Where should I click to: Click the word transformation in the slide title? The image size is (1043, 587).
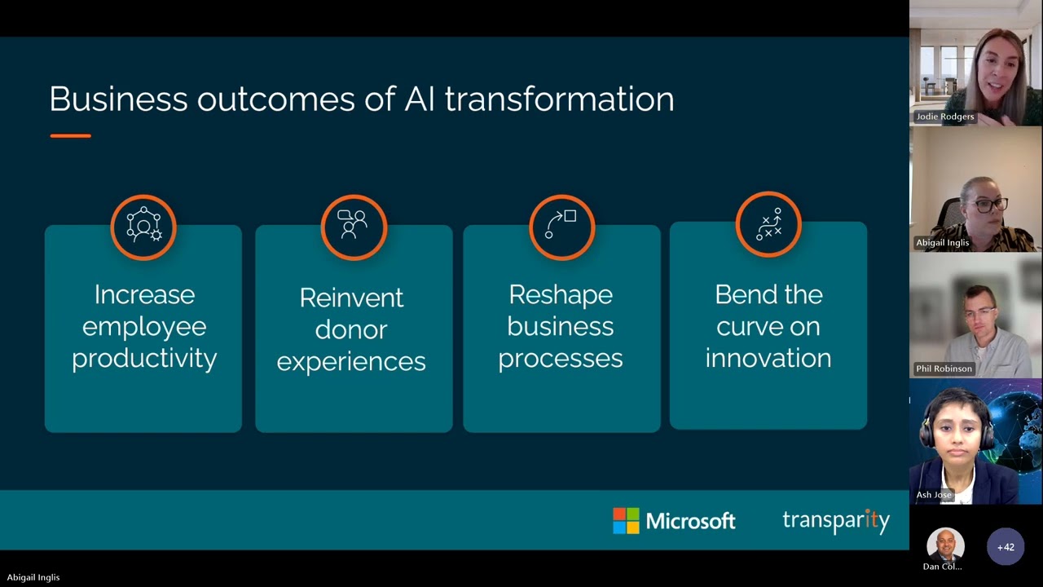(x=559, y=99)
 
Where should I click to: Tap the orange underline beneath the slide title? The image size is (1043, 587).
(x=70, y=135)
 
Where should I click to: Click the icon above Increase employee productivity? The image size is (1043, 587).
(x=143, y=227)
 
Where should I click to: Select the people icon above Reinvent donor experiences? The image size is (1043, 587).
(x=353, y=227)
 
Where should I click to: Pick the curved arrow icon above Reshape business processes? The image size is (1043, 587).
(x=561, y=227)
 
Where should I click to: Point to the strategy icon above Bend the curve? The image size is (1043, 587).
(x=768, y=224)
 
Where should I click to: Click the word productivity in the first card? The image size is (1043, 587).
(x=144, y=359)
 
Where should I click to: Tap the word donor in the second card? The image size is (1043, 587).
(x=351, y=329)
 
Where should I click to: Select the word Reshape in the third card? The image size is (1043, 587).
(x=561, y=294)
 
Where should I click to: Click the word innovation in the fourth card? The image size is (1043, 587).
(x=768, y=359)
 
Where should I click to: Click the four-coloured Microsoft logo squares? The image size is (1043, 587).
(x=626, y=521)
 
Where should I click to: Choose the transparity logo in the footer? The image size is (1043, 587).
(x=836, y=521)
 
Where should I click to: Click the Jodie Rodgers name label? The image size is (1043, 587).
(x=944, y=117)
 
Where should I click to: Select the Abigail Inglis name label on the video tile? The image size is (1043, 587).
(x=942, y=242)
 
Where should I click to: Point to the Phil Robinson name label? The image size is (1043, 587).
(x=944, y=369)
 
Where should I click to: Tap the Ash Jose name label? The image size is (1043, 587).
(x=934, y=495)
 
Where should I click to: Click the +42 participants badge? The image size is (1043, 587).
(x=1006, y=547)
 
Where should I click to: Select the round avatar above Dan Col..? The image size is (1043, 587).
(x=945, y=545)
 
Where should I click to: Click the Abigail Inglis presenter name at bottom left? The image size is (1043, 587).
(x=33, y=577)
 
